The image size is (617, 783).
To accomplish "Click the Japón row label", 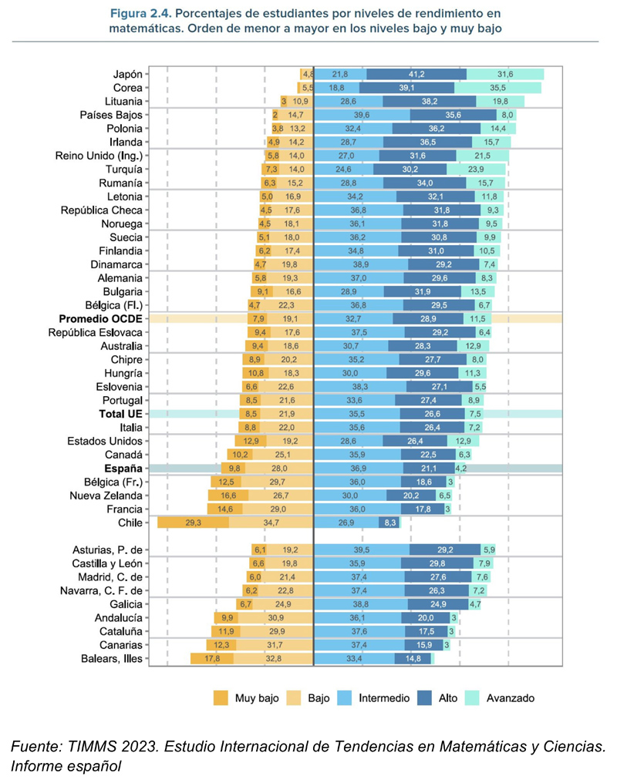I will tap(127, 74).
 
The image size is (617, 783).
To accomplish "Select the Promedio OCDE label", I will tap(99, 318).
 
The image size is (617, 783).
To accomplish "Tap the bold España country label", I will tap(123, 468).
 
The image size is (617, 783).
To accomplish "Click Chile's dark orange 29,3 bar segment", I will tap(193, 523).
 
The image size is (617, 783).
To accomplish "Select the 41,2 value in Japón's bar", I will tap(416, 74).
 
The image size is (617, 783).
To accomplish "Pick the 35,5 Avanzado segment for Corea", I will tap(497, 88).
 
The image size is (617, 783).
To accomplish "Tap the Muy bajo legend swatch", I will tap(222, 698).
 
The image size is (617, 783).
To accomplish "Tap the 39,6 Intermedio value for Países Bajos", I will tap(362, 115).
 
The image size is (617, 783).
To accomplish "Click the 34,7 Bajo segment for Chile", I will tap(271, 523).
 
